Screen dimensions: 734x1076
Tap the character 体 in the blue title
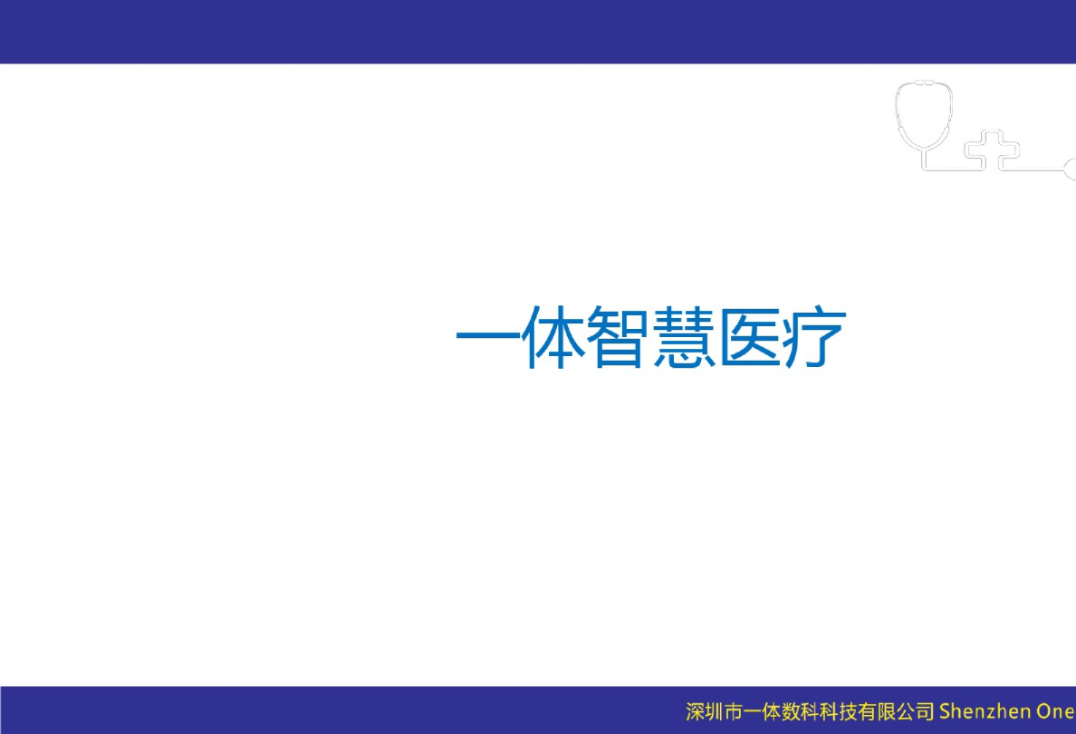[552, 339]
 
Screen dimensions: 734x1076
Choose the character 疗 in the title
[813, 339]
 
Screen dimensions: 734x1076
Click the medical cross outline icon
[985, 150]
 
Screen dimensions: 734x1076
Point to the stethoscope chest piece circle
[1070, 168]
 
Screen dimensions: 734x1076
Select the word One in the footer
[1054, 710]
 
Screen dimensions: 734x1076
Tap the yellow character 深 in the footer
[696, 711]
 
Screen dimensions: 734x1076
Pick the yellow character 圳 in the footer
[715, 711]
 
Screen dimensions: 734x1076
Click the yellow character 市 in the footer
[735, 711]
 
